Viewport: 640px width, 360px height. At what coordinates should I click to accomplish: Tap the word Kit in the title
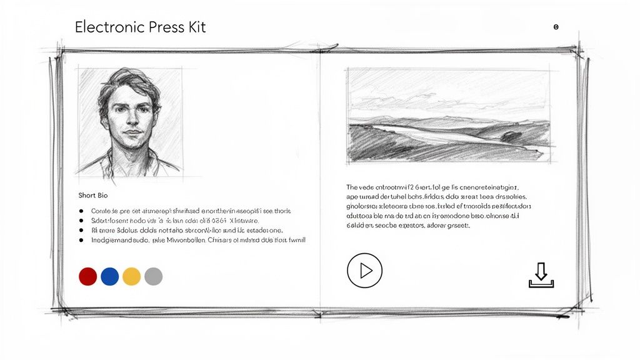click(x=194, y=27)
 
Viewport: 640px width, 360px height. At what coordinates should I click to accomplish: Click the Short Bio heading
click(x=93, y=196)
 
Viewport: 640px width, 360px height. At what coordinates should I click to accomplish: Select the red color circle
click(x=88, y=276)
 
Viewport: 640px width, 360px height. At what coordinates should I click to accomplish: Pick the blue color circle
click(x=109, y=276)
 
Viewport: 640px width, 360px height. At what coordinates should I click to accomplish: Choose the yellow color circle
click(x=131, y=276)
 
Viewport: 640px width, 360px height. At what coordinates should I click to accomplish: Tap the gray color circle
click(x=153, y=276)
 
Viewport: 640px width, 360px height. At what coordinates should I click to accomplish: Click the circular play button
click(x=364, y=271)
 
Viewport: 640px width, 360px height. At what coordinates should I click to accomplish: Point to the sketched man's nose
click(x=130, y=122)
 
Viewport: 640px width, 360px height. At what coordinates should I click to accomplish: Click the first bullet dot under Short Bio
click(x=82, y=211)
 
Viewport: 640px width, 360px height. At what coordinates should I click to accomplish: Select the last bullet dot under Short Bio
click(x=82, y=240)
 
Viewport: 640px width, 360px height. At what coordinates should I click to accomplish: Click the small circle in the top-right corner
click(x=556, y=27)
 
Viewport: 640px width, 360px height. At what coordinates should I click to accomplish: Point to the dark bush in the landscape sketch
click(x=514, y=134)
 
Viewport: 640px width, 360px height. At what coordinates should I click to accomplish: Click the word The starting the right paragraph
click(x=352, y=186)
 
